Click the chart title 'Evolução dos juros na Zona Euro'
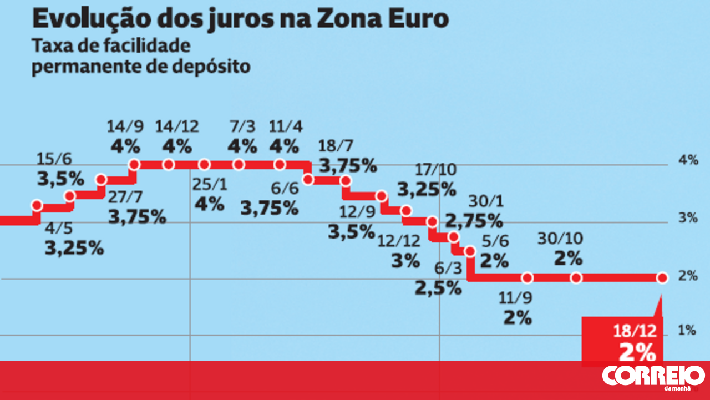pyautogui.click(x=240, y=19)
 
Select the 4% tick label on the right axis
pyautogui.click(x=687, y=161)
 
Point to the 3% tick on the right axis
pyautogui.click(x=687, y=217)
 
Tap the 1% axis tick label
pyautogui.click(x=687, y=331)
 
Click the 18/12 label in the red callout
pyautogui.click(x=635, y=331)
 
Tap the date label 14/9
pyautogui.click(x=125, y=127)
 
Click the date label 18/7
pyautogui.click(x=336, y=146)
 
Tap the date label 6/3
pyautogui.click(x=448, y=269)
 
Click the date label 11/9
pyautogui.click(x=517, y=298)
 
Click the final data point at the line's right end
pyautogui.click(x=662, y=277)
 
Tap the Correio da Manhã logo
pyautogui.click(x=653, y=377)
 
